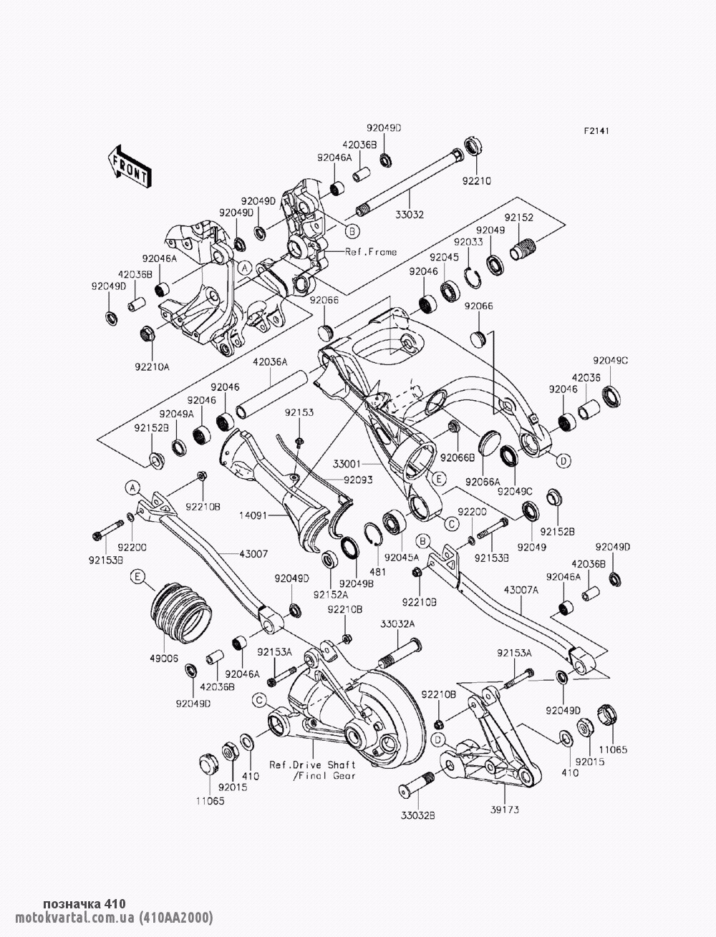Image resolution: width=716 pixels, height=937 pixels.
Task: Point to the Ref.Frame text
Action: (371, 252)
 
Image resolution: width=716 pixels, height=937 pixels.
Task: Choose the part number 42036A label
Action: (270, 363)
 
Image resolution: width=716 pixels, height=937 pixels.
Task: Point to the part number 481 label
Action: (377, 571)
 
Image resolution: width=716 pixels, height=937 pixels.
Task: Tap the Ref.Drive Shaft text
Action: (312, 764)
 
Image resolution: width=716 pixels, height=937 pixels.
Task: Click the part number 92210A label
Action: (152, 367)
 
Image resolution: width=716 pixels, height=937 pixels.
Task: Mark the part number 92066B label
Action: (458, 457)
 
